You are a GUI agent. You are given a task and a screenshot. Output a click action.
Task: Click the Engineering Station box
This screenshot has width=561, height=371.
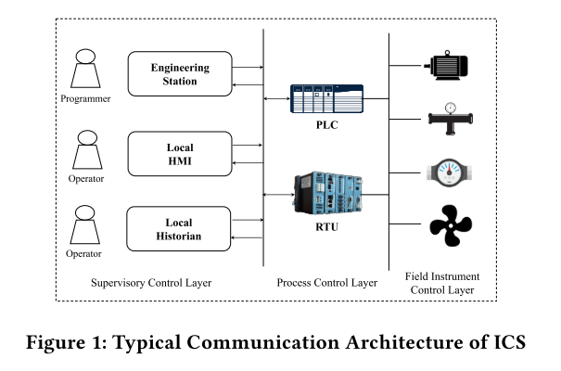coord(180,73)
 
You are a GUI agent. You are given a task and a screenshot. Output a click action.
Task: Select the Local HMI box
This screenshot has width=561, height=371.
coord(180,154)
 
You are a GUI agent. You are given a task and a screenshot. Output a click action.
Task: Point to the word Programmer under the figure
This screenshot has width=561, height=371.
coord(87,98)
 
